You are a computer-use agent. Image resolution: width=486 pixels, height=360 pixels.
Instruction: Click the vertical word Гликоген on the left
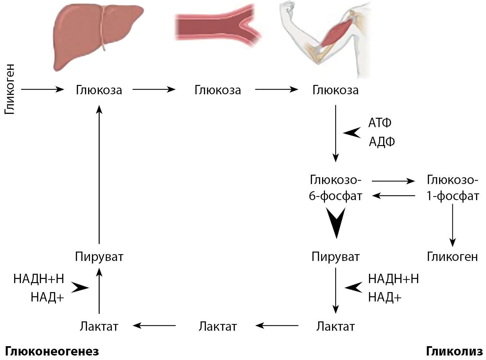[x=10, y=89]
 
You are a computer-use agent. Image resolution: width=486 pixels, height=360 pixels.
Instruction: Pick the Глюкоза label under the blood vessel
[x=218, y=90]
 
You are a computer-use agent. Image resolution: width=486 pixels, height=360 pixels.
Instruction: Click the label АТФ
[x=380, y=123]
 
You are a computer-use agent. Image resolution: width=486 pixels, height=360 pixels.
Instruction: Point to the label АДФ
[x=382, y=142]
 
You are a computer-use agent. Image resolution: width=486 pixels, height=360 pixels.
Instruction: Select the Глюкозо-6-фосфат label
[x=335, y=188]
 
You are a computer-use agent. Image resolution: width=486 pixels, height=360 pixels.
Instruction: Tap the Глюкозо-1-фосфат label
[x=453, y=188]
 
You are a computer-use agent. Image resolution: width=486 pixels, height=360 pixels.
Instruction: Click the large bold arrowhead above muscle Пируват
[x=336, y=222]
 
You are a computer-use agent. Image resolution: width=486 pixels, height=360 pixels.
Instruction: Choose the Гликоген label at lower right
[x=452, y=257]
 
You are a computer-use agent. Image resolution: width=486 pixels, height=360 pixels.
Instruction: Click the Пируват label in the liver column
[x=99, y=257]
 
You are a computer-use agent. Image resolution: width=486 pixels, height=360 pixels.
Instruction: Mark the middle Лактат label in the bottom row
[x=218, y=327]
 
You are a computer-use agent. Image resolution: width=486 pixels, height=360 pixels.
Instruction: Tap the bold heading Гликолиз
[x=454, y=351]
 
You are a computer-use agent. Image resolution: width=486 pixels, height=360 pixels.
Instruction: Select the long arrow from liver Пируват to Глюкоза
[x=99, y=175]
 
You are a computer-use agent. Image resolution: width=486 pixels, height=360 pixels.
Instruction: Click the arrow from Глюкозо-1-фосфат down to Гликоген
[x=453, y=225]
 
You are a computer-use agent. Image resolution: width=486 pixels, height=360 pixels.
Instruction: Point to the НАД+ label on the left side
[x=47, y=297]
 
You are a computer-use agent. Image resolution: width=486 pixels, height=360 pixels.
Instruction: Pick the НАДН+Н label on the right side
[x=393, y=279]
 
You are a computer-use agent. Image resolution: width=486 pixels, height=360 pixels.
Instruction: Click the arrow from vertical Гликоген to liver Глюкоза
[x=42, y=89]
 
